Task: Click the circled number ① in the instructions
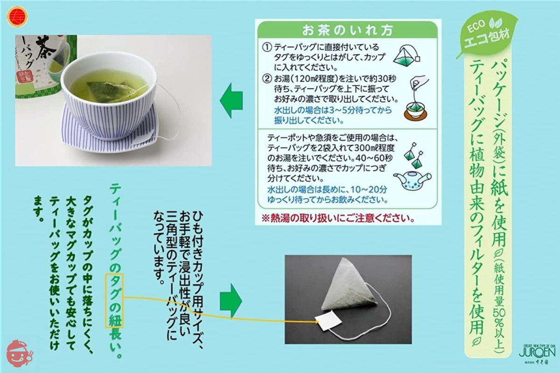pos(267,48)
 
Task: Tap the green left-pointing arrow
pos(231,101)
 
